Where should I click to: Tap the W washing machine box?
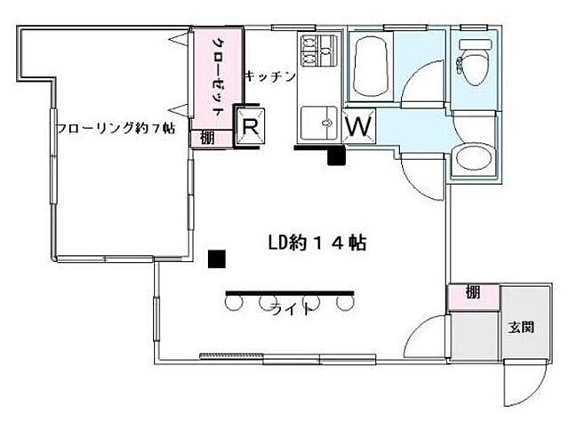point(358,126)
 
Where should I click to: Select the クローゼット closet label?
point(216,76)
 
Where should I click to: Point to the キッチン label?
point(269,76)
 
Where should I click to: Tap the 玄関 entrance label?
point(522,327)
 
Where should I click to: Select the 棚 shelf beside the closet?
point(206,137)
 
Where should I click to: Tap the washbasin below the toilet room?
point(472,163)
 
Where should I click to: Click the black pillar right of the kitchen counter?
point(336,157)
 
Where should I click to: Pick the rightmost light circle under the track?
point(344,305)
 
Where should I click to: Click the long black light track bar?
point(290,291)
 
